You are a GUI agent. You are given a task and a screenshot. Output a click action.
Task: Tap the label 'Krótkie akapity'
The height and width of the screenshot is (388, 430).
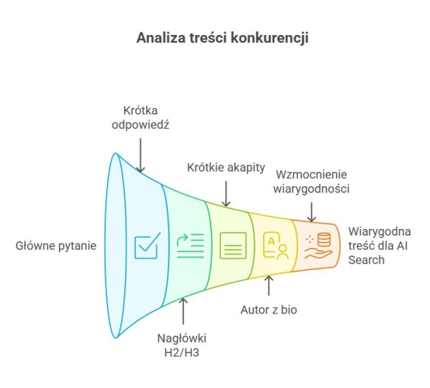tap(226, 168)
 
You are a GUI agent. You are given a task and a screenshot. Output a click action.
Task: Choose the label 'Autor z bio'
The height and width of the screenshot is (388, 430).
tap(268, 310)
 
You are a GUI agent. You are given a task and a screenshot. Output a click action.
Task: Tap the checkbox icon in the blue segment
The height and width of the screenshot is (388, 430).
tap(147, 246)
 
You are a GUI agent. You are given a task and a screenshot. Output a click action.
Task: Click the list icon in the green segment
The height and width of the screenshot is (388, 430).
tap(190, 246)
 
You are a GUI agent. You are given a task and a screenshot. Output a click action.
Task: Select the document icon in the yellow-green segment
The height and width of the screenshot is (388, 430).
tap(234, 246)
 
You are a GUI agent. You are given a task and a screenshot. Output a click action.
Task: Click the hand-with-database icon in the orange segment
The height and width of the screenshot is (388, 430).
tap(317, 246)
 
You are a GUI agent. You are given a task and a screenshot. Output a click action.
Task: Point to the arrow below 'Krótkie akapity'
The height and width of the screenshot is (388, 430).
tap(226, 193)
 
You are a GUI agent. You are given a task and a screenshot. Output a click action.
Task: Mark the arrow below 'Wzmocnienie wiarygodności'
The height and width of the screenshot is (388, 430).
tap(312, 210)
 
